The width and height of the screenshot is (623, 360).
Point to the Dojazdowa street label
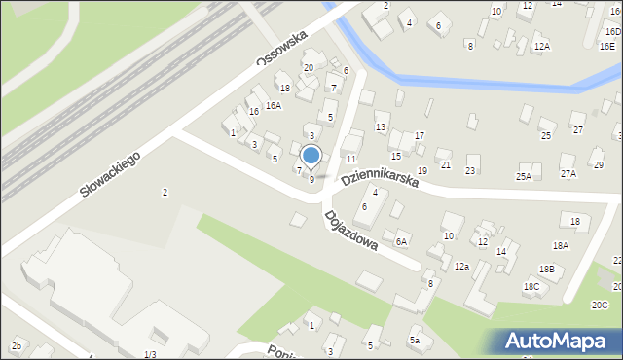[x=350, y=232]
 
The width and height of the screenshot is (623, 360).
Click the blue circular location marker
[x=311, y=155]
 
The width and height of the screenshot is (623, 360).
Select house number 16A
[x=274, y=105]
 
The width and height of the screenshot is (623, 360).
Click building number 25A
[x=524, y=176]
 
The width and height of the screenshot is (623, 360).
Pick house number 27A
[x=568, y=173]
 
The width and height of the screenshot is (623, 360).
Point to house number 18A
[x=560, y=246]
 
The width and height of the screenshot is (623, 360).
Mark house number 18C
[x=531, y=286]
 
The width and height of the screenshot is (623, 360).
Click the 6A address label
[x=401, y=240]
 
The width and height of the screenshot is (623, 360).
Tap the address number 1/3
[x=150, y=354]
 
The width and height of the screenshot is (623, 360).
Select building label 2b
[x=17, y=346]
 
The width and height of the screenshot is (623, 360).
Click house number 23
[x=471, y=171]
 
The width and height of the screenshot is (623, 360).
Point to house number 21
[x=446, y=165]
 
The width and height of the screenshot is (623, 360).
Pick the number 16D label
[x=611, y=32]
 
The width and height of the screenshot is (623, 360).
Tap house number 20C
[x=599, y=305]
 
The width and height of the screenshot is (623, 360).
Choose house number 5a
[x=414, y=340]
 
